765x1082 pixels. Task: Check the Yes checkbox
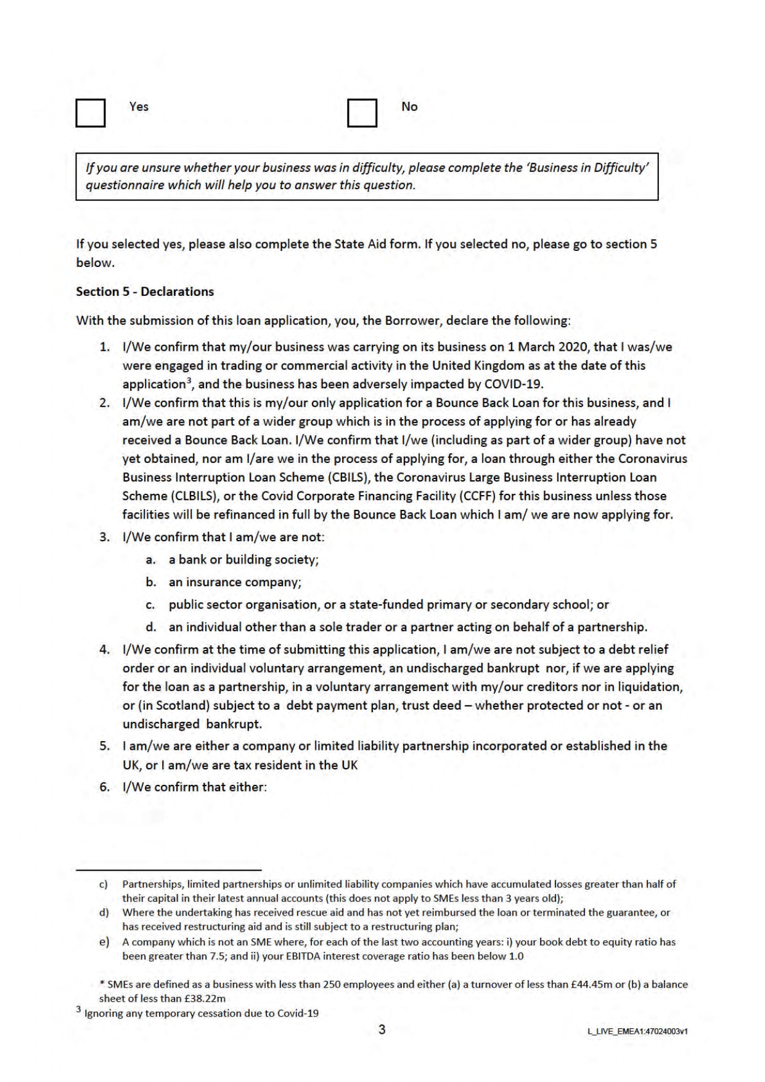(91, 113)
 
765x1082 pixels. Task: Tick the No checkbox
(362, 113)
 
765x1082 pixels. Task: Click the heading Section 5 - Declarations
(145, 292)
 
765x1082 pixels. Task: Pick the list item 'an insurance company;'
(235, 582)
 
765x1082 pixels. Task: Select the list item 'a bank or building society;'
(243, 559)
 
